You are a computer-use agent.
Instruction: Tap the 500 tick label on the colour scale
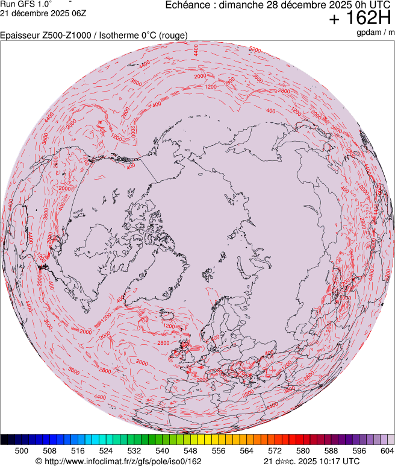pyautogui.click(x=21, y=450)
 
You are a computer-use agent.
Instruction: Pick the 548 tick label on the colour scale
pyautogui.click(x=190, y=450)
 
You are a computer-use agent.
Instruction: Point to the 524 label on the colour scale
pyautogui.click(x=106, y=450)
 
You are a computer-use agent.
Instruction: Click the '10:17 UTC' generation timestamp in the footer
pyautogui.click(x=335, y=461)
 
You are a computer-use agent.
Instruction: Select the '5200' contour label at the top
pyautogui.click(x=255, y=49)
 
